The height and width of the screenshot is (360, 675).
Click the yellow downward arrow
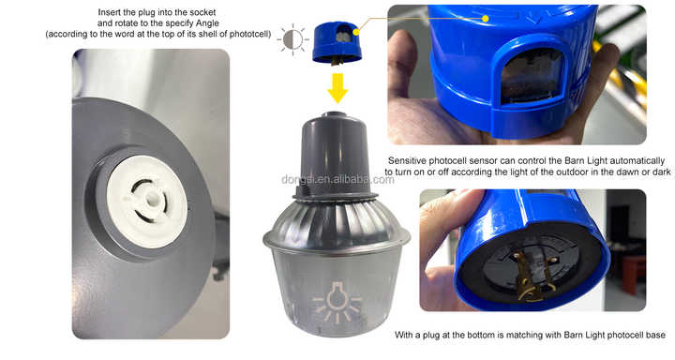coord(337,88)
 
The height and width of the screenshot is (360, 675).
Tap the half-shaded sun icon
coord(292,39)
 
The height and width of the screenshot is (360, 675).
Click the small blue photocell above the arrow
coord(337,43)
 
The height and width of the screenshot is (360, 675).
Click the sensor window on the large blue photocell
coord(532,76)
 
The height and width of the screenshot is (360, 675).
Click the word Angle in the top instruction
coord(207,23)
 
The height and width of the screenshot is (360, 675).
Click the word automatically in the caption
coord(638,161)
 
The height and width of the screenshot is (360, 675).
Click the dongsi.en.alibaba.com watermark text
coord(337,180)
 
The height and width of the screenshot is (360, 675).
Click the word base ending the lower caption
coord(655,335)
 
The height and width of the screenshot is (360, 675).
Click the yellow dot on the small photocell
coord(356,32)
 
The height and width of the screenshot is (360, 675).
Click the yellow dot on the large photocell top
coord(486,19)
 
